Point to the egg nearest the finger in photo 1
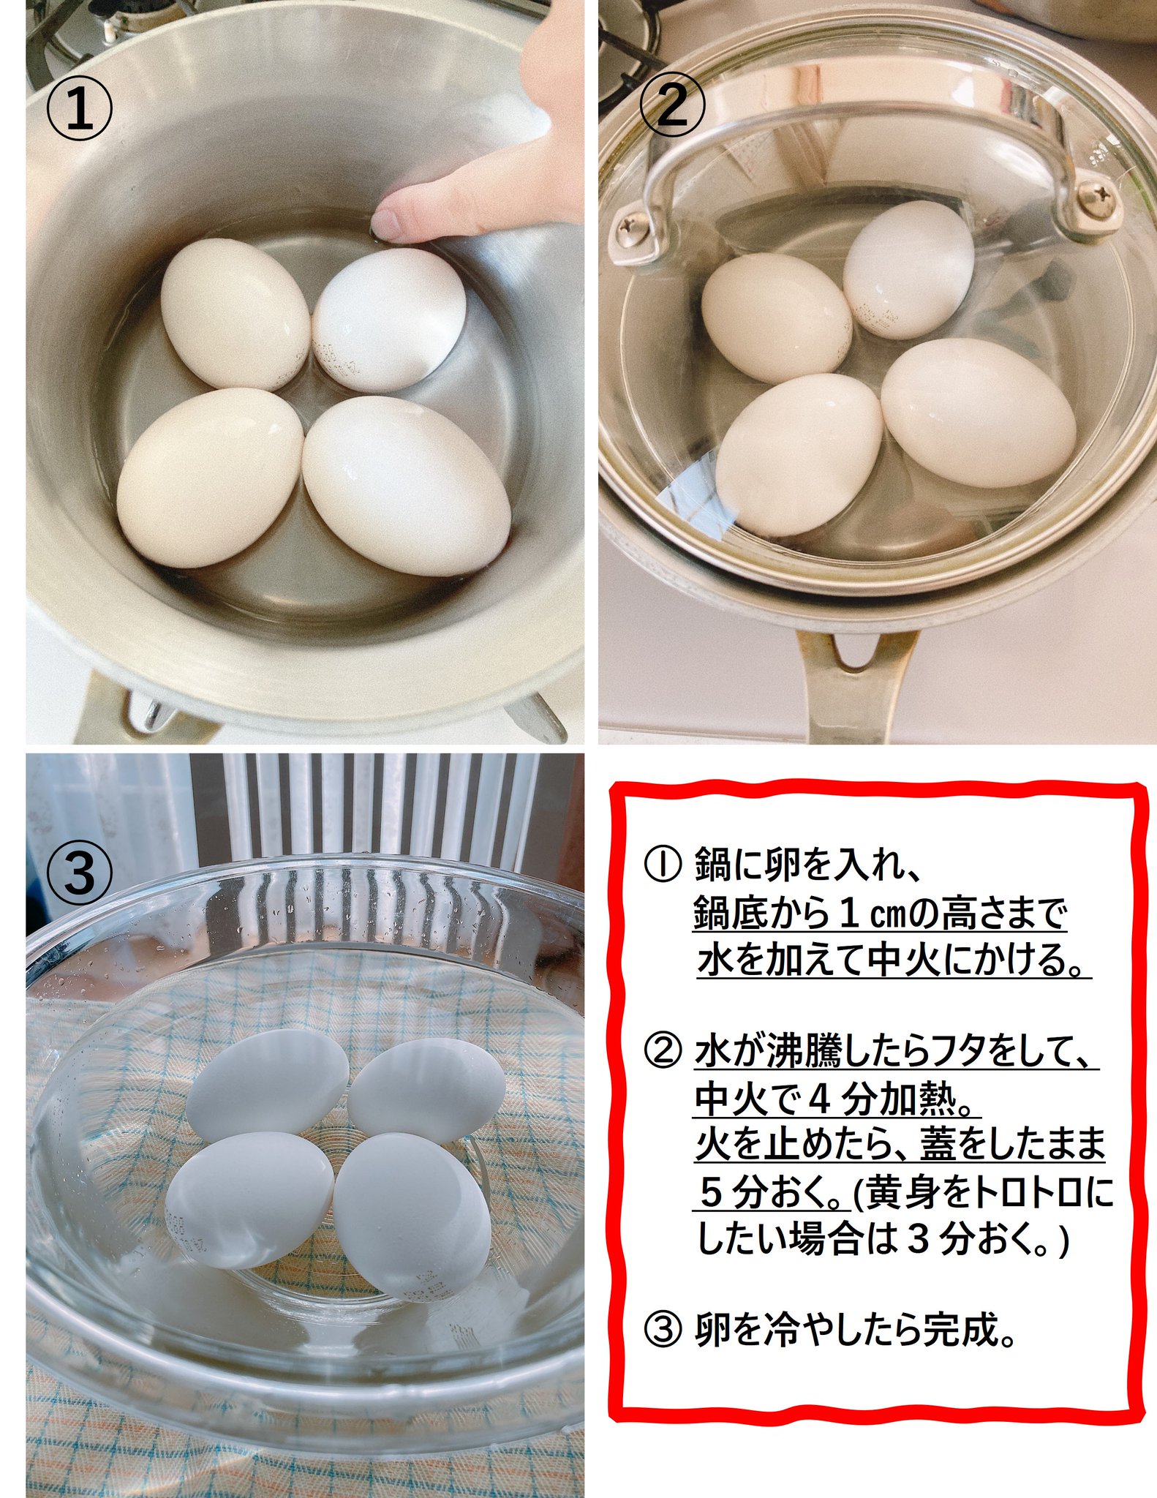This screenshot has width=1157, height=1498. pos(389,318)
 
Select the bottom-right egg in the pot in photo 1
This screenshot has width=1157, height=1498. pos(406,486)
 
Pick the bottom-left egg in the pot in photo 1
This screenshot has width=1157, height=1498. pos(210,477)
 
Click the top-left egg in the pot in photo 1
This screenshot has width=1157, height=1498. pos(235,314)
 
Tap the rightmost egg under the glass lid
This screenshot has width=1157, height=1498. pos(978,413)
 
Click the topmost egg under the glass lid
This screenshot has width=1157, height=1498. pos(908,270)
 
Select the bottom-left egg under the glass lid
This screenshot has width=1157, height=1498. pos(799,454)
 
